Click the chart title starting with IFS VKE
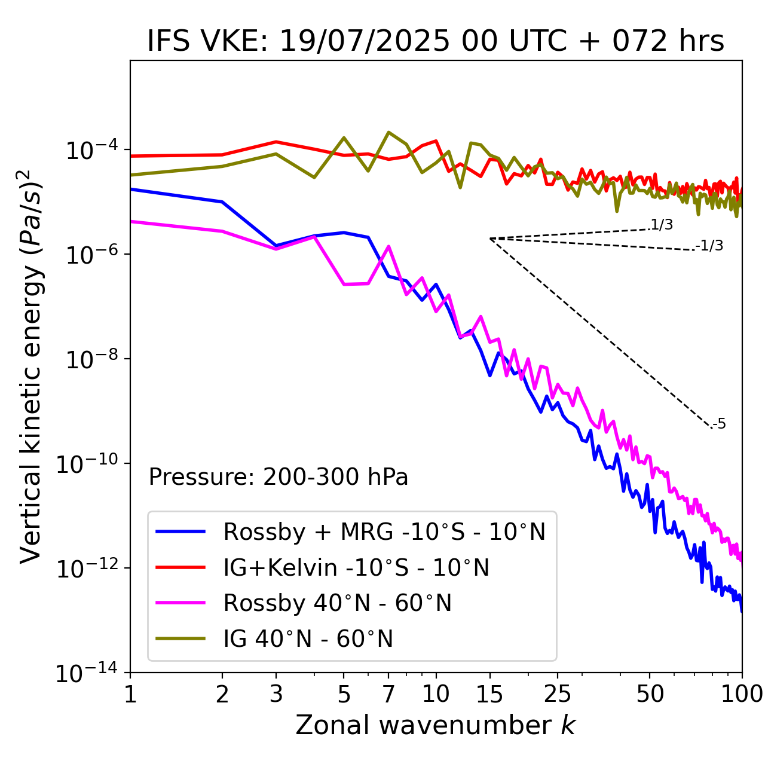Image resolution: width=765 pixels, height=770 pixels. [x=436, y=42]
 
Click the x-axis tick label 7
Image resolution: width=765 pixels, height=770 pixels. [x=388, y=694]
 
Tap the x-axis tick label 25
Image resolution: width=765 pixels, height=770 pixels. [x=557, y=694]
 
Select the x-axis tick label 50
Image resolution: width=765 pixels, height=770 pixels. [x=650, y=694]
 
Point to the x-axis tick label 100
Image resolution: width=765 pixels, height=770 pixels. [x=742, y=694]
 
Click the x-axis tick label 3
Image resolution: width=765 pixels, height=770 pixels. [x=276, y=694]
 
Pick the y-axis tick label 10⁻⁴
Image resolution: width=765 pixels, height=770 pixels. [x=90, y=150]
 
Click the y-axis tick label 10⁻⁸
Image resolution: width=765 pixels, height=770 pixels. [x=90, y=360]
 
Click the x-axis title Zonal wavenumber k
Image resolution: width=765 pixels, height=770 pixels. [x=436, y=725]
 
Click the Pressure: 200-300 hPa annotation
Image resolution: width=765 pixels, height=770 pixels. [x=279, y=477]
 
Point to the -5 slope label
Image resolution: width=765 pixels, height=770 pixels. [x=719, y=424]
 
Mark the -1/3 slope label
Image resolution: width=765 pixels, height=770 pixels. [x=710, y=246]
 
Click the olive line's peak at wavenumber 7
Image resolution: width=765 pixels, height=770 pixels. [x=388, y=133]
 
